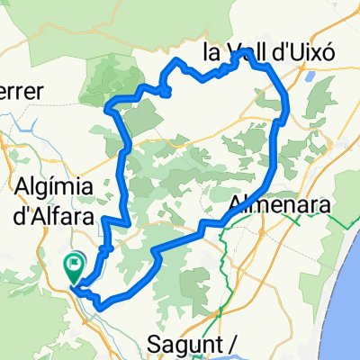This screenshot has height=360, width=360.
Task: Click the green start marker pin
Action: tap(74, 268)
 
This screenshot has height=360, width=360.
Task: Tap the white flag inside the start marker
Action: tap(74, 265)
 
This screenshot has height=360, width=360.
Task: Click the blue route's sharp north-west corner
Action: tap(109, 107)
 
